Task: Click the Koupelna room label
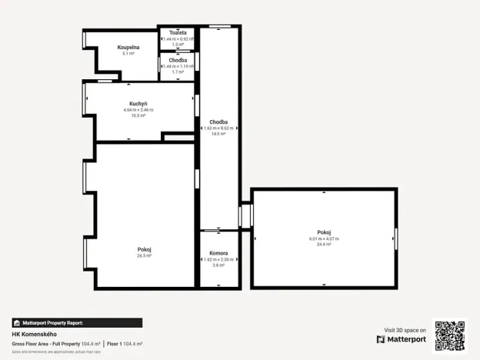pyautogui.click(x=128, y=47)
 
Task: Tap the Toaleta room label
pyautogui.click(x=178, y=32)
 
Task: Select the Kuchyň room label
pyautogui.click(x=138, y=103)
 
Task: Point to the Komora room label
pyautogui.click(x=218, y=252)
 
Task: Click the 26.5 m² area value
pyautogui.click(x=144, y=255)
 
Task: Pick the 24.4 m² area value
pyautogui.click(x=324, y=245)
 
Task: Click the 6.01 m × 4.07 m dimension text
pyautogui.click(x=324, y=238)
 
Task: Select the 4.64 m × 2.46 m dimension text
pyautogui.click(x=138, y=109)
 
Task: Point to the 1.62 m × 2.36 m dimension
pyautogui.click(x=218, y=258)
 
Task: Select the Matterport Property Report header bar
pyautogui.click(x=77, y=323)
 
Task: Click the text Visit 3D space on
pyautogui.click(x=404, y=330)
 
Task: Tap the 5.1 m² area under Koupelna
pyautogui.click(x=128, y=53)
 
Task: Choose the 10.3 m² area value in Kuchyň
pyautogui.click(x=138, y=115)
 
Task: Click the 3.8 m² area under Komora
pyautogui.click(x=218, y=265)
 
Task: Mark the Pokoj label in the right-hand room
pyautogui.click(x=324, y=232)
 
